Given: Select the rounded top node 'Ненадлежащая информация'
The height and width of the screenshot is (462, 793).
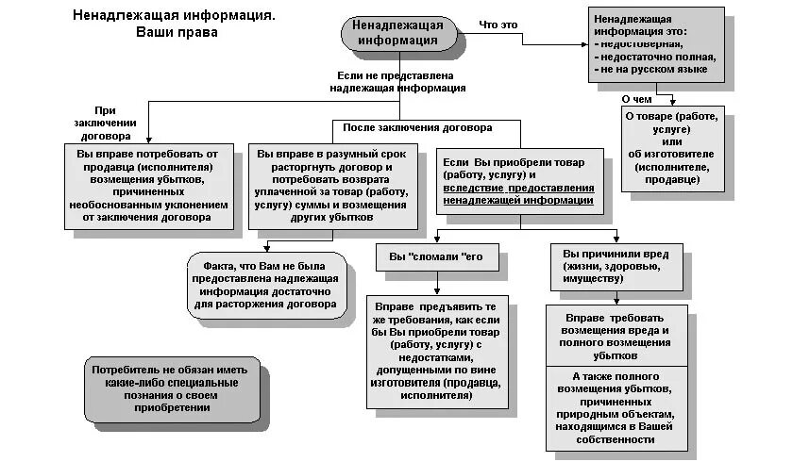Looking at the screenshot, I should (x=396, y=32).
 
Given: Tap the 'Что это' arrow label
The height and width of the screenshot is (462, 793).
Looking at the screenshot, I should (x=498, y=24).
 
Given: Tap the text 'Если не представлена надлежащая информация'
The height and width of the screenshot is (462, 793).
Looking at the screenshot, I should (x=397, y=80).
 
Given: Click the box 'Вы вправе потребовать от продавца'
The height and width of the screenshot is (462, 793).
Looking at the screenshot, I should (x=149, y=186).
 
